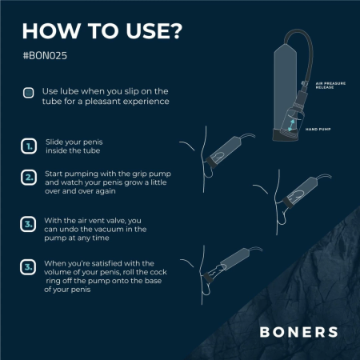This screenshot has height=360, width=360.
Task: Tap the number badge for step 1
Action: pyautogui.click(x=28, y=146)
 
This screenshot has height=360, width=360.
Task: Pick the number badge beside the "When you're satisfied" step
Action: pyautogui.click(x=28, y=266)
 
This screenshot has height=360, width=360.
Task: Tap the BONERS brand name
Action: pyautogui.click(x=298, y=332)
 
